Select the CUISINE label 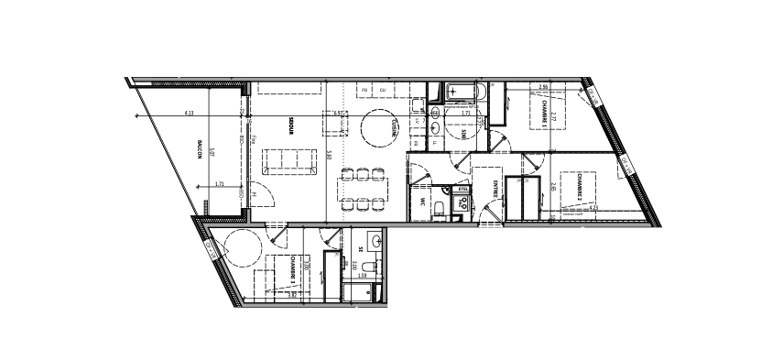[394, 129]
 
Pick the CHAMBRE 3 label [292, 266]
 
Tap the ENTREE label [495, 190]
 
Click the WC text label [424, 201]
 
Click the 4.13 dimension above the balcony [189, 114]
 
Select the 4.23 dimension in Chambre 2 [593, 208]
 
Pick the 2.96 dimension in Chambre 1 [544, 87]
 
